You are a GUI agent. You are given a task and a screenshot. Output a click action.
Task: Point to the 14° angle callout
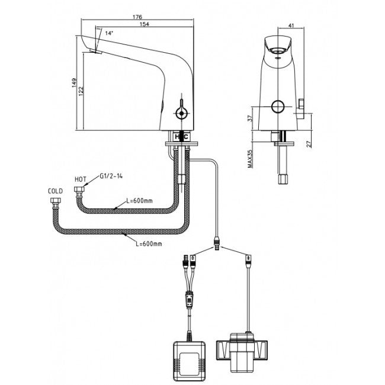point(109,34)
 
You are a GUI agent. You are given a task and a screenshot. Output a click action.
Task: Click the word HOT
point(81,178)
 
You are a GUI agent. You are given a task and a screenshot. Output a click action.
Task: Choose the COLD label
point(55,191)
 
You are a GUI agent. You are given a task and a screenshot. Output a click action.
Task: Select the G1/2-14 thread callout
point(111,176)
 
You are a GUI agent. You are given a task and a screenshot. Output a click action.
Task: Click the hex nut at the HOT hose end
point(80,191)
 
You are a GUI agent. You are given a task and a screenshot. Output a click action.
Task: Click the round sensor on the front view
point(277,107)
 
